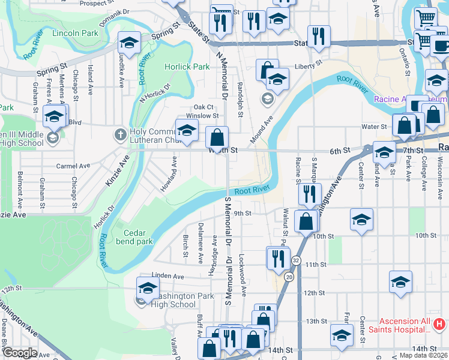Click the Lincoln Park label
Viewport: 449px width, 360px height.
coord(75,34)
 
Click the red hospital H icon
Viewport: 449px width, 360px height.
coord(439,325)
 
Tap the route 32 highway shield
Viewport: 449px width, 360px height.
coord(297,260)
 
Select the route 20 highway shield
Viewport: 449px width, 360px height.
coord(289,277)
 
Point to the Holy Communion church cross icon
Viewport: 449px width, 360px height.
coord(120,134)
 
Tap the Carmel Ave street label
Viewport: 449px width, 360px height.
coord(73,166)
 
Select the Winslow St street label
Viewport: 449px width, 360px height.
coord(202,116)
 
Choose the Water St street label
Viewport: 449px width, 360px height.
coord(373,127)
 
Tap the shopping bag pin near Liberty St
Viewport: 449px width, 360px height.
coord(267,70)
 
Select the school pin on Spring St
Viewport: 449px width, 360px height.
coord(129,43)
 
